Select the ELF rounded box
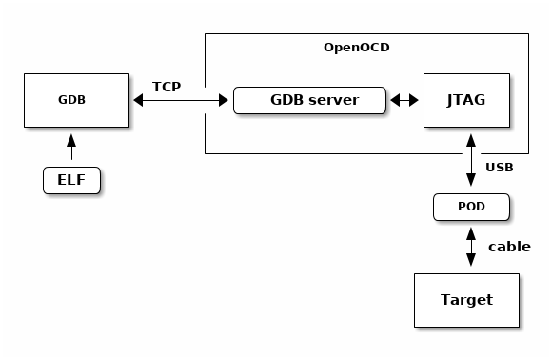71,179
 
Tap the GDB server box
309,99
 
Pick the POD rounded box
471,207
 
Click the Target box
466,300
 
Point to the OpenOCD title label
357,47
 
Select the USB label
500,168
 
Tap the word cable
509,247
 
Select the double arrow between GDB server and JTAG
404,99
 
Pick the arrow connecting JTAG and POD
471,162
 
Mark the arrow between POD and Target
471,247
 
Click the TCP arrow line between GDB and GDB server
181,99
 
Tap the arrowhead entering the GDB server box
227,99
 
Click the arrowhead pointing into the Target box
471,268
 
